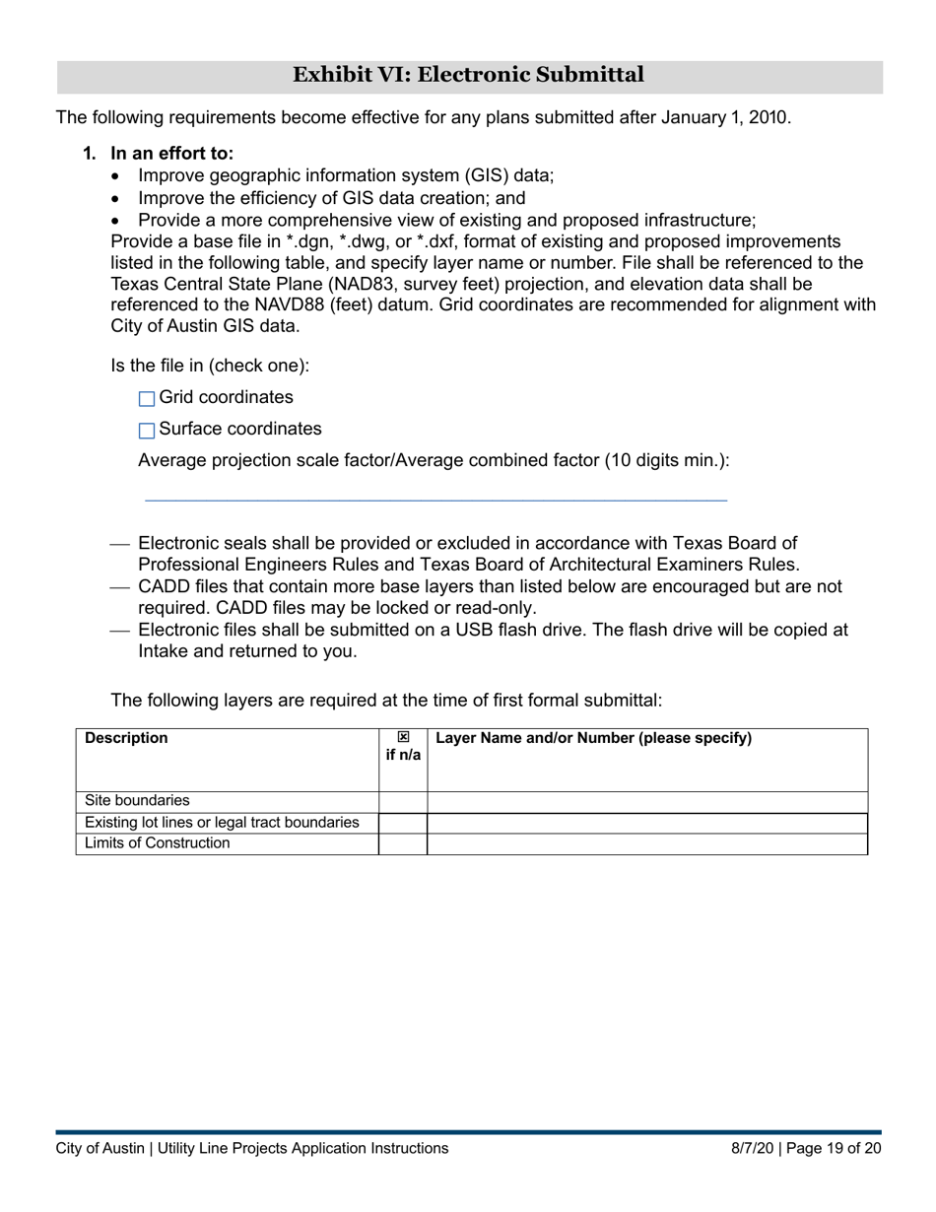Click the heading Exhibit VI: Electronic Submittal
[468, 75]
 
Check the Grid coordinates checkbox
[147, 399]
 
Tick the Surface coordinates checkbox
[147, 431]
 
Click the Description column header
[126, 738]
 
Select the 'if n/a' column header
[403, 755]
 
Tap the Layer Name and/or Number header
[593, 738]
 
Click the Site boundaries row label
[137, 801]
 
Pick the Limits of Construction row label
[157, 843]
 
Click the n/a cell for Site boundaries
[403, 801]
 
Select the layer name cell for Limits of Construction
[646, 843]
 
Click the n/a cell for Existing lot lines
[403, 823]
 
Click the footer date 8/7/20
[751, 1148]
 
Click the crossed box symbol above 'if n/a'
[403, 737]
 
